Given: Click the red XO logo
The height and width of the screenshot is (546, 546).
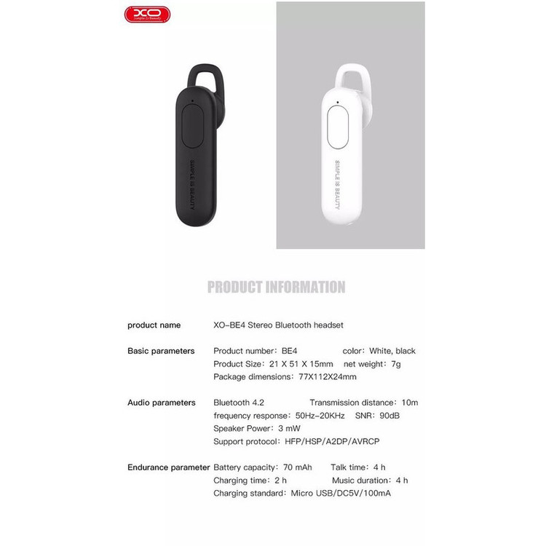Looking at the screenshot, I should pos(146,13).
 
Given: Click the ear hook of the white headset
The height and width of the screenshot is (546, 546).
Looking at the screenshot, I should pos(353,78).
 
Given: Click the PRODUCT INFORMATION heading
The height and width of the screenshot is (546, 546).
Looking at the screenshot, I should pos(276,287).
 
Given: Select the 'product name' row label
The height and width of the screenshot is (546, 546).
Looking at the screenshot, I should pos(154,325).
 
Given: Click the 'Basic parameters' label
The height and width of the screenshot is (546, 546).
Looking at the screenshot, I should pos(161,351).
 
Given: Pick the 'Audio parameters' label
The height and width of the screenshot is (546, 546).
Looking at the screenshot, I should pos(161,403).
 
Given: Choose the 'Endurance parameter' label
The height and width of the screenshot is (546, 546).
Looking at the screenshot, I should pos(168,467).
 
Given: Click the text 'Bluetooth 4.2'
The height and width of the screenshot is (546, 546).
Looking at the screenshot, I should pos(239,403).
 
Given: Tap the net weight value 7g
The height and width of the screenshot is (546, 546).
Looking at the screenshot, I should pos(395,364).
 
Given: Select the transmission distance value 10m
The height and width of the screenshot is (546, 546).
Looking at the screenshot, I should pos(409,403).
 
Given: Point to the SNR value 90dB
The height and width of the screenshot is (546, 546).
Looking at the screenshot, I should pos(387,416).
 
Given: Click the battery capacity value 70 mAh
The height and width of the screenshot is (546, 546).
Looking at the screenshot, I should pos(296,467).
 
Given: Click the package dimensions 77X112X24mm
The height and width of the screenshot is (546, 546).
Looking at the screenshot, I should pos(328,377).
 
